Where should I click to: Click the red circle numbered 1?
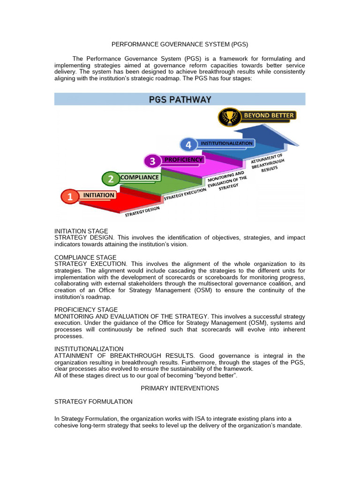[x=70, y=197]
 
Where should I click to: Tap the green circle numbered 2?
[x=111, y=179]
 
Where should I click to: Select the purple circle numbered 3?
[x=152, y=162]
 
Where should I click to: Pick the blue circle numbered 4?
[x=188, y=145]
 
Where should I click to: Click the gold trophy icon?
[x=229, y=116]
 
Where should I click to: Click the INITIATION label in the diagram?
[x=98, y=195]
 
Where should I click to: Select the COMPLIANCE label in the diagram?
[x=139, y=177]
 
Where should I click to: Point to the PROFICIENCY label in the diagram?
[x=183, y=159]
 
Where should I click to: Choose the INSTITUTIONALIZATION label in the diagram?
[x=227, y=143]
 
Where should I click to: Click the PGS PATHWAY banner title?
[x=180, y=99]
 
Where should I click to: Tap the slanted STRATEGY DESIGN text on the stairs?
[x=142, y=212]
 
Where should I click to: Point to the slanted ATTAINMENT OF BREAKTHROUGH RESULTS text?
[x=266, y=161]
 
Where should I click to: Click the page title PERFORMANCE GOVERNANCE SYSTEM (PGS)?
[x=180, y=45]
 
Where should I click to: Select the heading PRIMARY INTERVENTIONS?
[x=180, y=388]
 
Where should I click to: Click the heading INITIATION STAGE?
[x=81, y=231]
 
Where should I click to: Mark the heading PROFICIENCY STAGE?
[x=86, y=310]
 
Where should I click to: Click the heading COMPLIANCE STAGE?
[x=85, y=257]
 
